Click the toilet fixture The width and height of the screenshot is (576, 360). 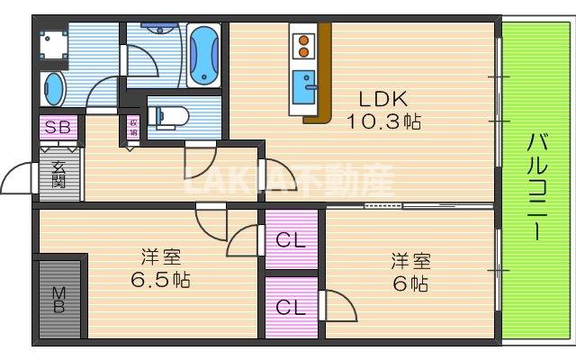(x=167, y=115)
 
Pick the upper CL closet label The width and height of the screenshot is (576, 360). (x=290, y=240)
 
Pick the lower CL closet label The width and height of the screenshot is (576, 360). (x=290, y=306)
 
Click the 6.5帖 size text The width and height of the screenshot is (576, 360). (x=158, y=279)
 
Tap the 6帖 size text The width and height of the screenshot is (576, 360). (x=410, y=283)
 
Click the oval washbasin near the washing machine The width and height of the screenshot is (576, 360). (x=55, y=88)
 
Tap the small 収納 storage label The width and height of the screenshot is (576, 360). (x=133, y=128)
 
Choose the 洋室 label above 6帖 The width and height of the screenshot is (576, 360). (x=410, y=261)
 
